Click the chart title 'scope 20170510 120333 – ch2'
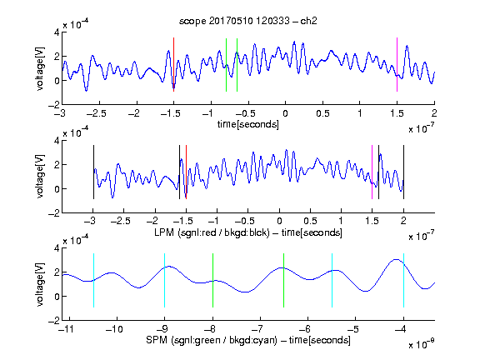(x=248, y=21)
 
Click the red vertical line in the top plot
(x=173, y=65)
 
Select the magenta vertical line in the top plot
(x=397, y=65)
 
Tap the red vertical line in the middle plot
(x=186, y=172)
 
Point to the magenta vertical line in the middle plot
(x=372, y=172)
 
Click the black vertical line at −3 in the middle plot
(x=93, y=172)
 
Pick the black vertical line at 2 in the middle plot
(x=403, y=172)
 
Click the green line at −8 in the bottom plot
(x=212, y=280)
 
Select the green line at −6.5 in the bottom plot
(x=284, y=280)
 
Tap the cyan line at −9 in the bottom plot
(x=164, y=280)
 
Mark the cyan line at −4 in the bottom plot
(x=403, y=280)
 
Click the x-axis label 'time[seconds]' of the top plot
(x=248, y=124)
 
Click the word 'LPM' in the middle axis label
(x=164, y=232)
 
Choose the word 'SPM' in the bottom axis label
(x=157, y=340)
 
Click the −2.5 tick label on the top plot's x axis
(x=96, y=113)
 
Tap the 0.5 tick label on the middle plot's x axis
(x=310, y=221)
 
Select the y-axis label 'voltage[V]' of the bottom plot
(x=40, y=284)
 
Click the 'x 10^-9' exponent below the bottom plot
(x=421, y=343)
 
